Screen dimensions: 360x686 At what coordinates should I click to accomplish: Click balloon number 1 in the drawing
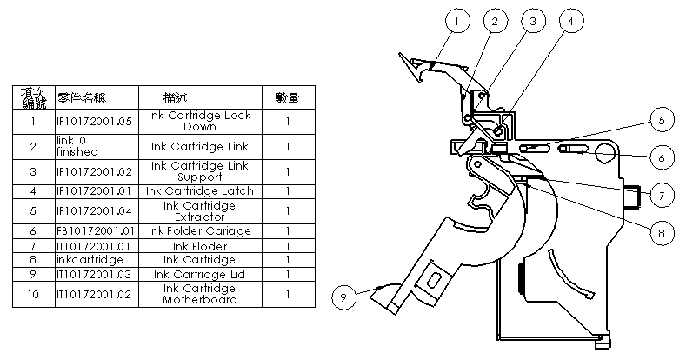(459, 18)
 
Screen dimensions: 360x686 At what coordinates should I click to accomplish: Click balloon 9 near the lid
(343, 297)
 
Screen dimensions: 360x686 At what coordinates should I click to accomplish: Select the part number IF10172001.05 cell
(94, 121)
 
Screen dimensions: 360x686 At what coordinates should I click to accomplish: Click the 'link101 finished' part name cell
(94, 146)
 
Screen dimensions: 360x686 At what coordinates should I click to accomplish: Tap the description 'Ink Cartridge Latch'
(200, 190)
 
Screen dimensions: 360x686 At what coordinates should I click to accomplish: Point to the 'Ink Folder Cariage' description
(200, 230)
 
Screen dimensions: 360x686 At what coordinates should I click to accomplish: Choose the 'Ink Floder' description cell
(200, 245)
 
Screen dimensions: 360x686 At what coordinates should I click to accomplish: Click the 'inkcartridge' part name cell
(94, 259)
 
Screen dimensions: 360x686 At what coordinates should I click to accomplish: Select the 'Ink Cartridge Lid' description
(200, 274)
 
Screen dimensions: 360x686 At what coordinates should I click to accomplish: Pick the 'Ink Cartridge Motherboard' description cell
(200, 294)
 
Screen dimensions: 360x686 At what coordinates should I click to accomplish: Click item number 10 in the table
(33, 294)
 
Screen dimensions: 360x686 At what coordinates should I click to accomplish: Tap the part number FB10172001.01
(94, 230)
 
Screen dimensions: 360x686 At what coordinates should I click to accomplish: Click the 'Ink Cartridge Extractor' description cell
(200, 210)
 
